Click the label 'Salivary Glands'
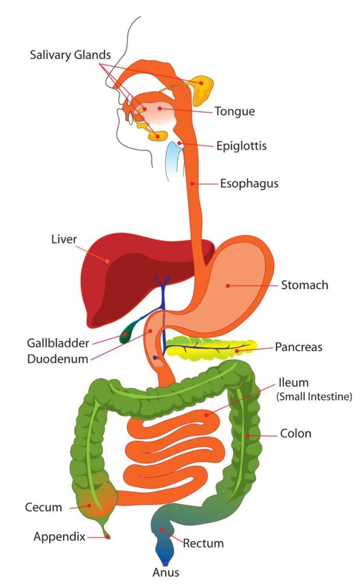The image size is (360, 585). (70, 55)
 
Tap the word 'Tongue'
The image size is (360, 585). (235, 111)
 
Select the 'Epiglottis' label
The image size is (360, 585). (241, 146)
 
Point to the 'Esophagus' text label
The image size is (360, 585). (249, 183)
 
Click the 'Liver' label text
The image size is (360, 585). (64, 239)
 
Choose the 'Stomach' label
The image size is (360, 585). (305, 285)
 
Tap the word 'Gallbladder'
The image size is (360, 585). (58, 343)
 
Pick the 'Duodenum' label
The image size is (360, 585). (58, 359)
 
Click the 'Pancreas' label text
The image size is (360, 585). (298, 347)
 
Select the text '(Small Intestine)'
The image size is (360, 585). (314, 396)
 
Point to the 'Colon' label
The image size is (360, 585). (295, 434)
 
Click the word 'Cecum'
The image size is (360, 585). (43, 507)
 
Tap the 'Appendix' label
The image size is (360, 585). (59, 537)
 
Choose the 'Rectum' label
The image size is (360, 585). (203, 543)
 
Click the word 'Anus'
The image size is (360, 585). (166, 572)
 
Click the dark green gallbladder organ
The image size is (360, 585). (127, 332)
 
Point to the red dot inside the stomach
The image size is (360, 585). (227, 286)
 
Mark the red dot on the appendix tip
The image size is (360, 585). (108, 537)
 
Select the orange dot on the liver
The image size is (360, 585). (107, 262)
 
